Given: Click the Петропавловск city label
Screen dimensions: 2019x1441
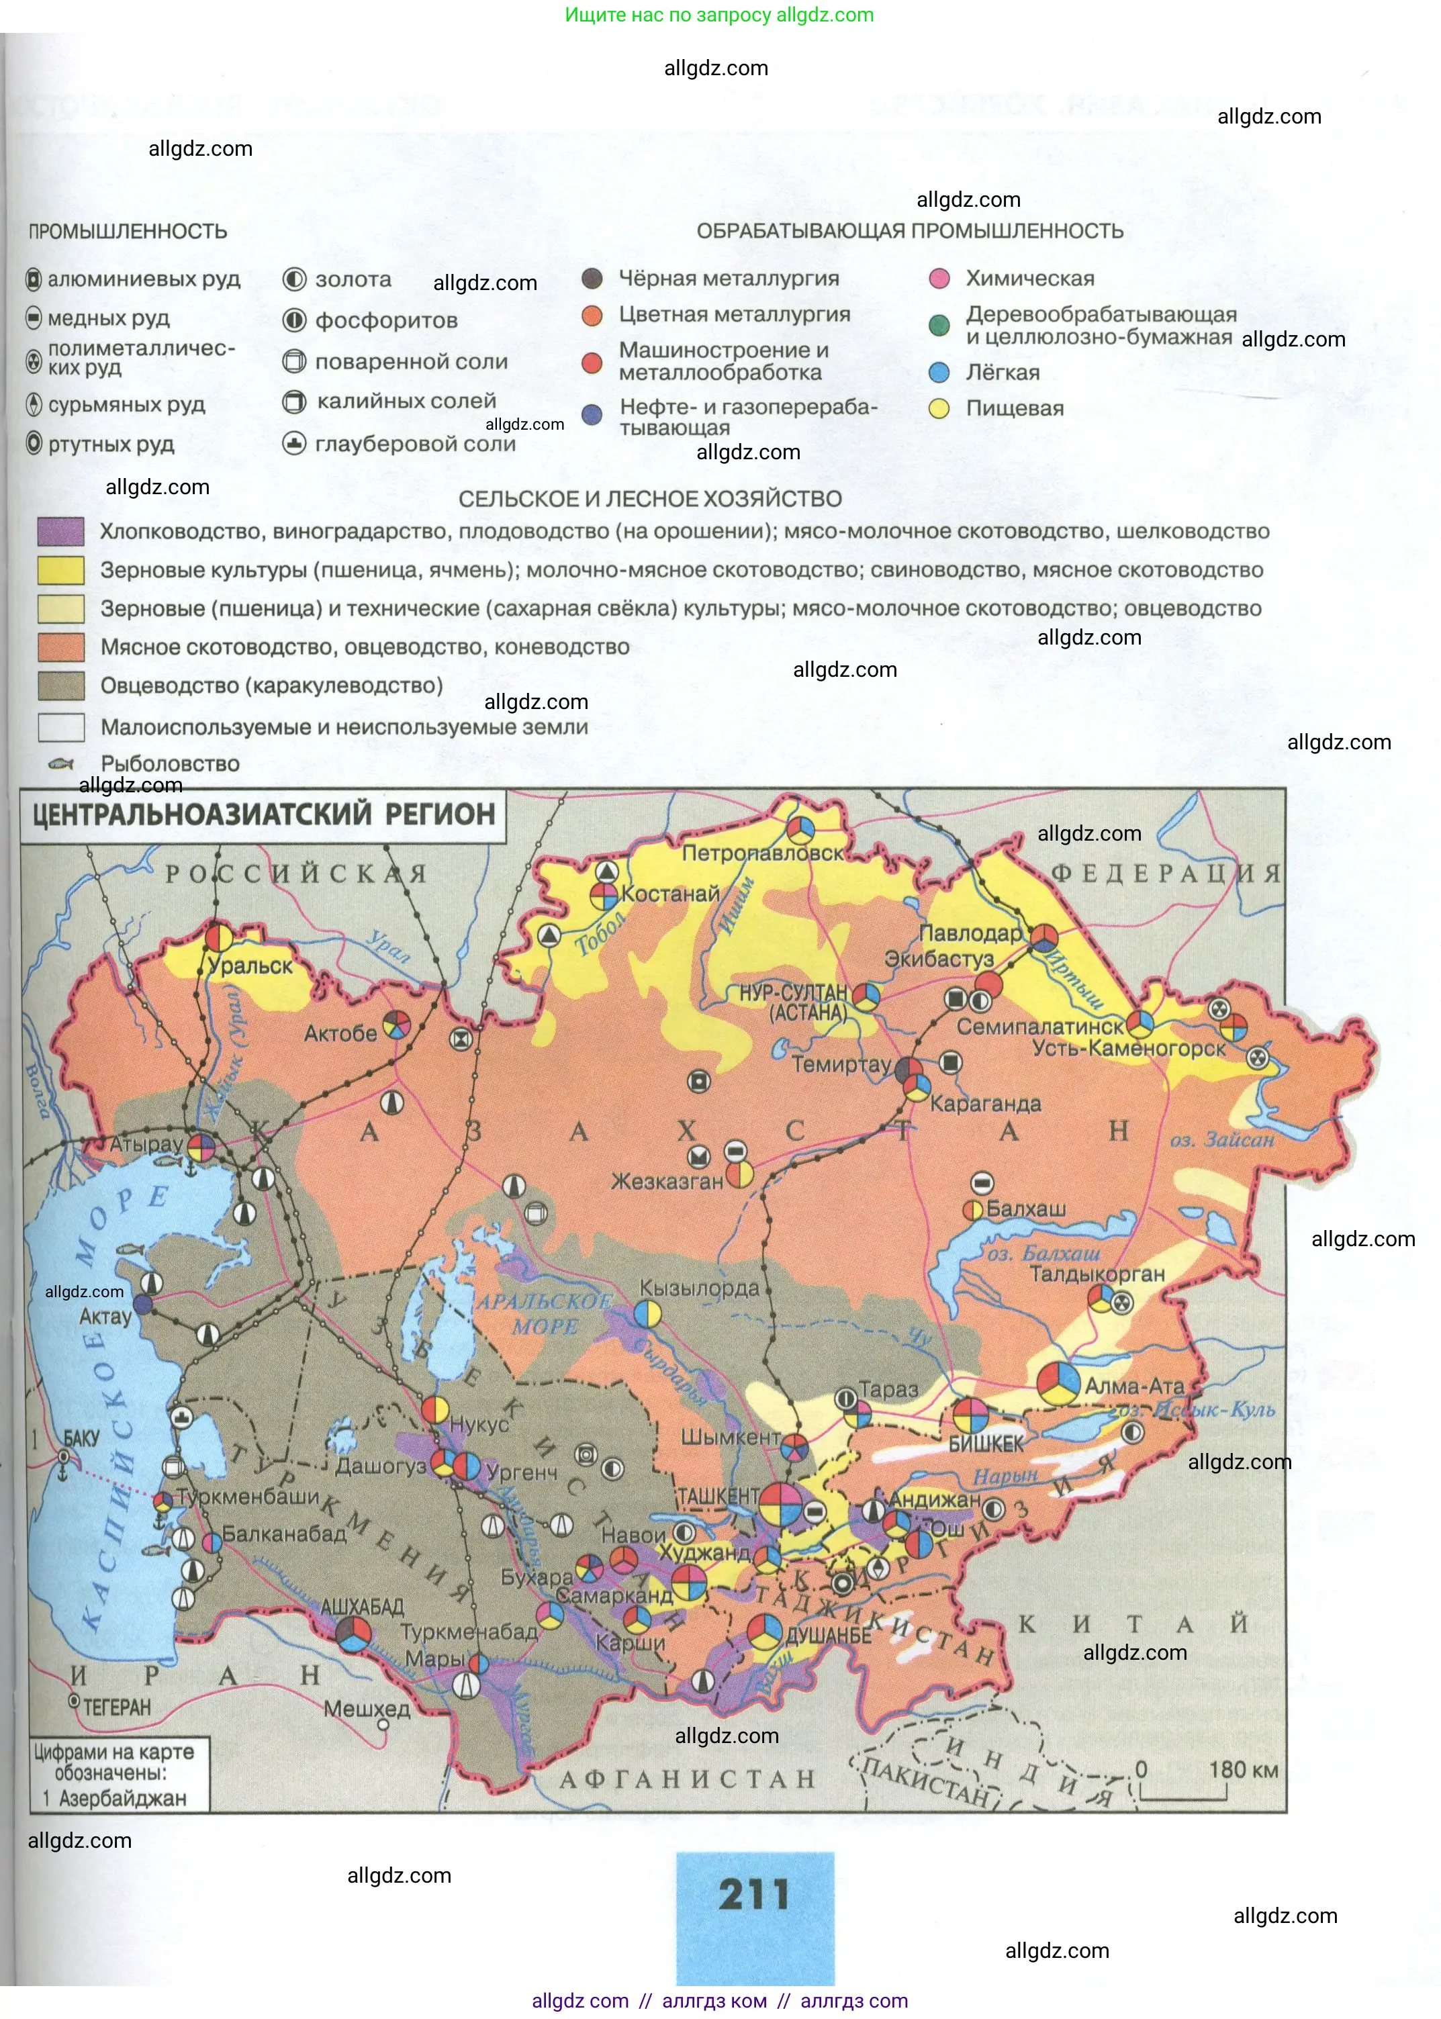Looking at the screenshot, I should [x=762, y=853].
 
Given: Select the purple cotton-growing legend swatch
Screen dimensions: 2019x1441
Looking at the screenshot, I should [x=61, y=531].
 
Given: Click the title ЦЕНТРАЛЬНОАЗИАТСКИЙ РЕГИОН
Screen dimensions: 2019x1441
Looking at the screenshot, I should [x=263, y=814].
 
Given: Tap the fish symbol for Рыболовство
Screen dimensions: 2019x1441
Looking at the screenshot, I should [x=61, y=763].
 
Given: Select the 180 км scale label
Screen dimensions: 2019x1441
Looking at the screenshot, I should [x=1242, y=1770].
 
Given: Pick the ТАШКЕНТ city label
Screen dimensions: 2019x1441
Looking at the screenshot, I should [x=718, y=1497].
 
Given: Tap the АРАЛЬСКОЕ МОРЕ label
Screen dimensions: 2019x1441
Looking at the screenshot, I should [x=544, y=1314].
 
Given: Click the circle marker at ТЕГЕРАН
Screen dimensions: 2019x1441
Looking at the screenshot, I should [x=75, y=1701].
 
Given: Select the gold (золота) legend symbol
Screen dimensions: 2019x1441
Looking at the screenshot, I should [x=293, y=279].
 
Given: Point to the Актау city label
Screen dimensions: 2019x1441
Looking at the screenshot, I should [x=105, y=1317].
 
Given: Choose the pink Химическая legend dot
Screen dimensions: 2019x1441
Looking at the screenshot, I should [x=939, y=279].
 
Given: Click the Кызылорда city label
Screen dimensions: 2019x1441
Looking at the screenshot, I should [x=699, y=1288].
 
